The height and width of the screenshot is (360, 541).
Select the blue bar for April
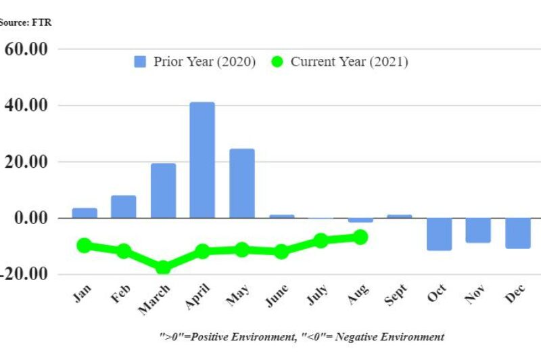(202, 160)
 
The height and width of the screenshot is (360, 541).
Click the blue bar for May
(241, 183)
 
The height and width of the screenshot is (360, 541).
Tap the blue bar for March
(163, 190)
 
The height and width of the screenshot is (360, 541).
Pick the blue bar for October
(438, 234)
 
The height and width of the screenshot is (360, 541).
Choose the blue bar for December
(517, 233)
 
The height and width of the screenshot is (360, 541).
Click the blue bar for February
(124, 206)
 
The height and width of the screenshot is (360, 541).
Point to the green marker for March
(163, 267)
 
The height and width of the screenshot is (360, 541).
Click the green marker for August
(360, 237)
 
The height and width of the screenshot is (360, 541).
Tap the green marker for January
(85, 245)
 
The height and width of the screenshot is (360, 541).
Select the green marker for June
(281, 252)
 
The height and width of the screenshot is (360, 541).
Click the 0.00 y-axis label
(30, 218)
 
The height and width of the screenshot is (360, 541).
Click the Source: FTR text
(24, 22)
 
